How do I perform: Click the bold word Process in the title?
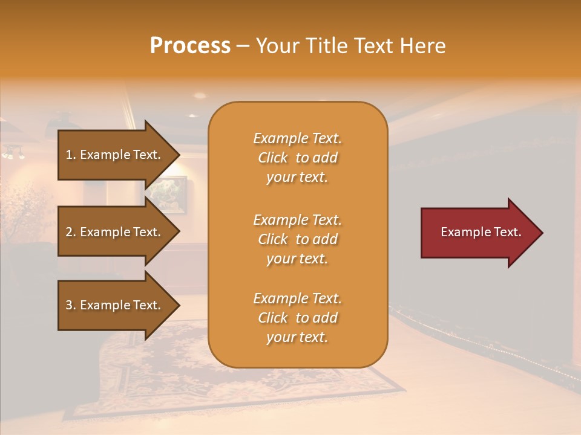(190, 46)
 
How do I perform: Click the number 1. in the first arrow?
(71, 155)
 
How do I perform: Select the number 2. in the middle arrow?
(71, 232)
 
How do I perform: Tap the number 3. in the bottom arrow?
(71, 305)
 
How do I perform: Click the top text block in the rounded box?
(297, 158)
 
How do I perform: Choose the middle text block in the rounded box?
(297, 239)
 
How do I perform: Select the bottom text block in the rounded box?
(297, 318)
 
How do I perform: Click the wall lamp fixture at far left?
(13, 153)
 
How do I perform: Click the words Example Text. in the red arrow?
(481, 232)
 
